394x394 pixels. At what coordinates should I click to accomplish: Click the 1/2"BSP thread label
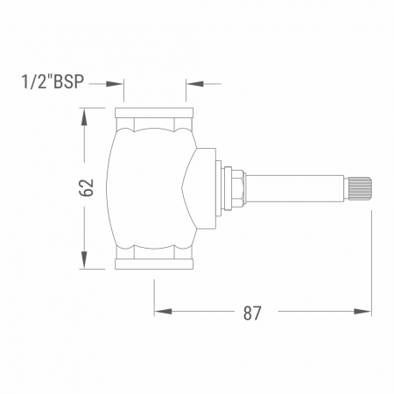click(53, 81)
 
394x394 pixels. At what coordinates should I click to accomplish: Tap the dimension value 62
click(87, 187)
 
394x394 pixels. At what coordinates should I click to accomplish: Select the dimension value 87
click(252, 313)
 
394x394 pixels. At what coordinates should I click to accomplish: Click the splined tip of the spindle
click(358, 188)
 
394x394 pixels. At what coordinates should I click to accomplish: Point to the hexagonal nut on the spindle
click(237, 188)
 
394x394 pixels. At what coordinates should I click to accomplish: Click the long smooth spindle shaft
click(294, 188)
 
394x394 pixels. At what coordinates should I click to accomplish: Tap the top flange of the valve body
click(154, 113)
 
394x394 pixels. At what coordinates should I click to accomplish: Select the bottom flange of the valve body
click(154, 264)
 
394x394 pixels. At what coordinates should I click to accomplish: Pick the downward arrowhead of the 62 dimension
click(84, 260)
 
